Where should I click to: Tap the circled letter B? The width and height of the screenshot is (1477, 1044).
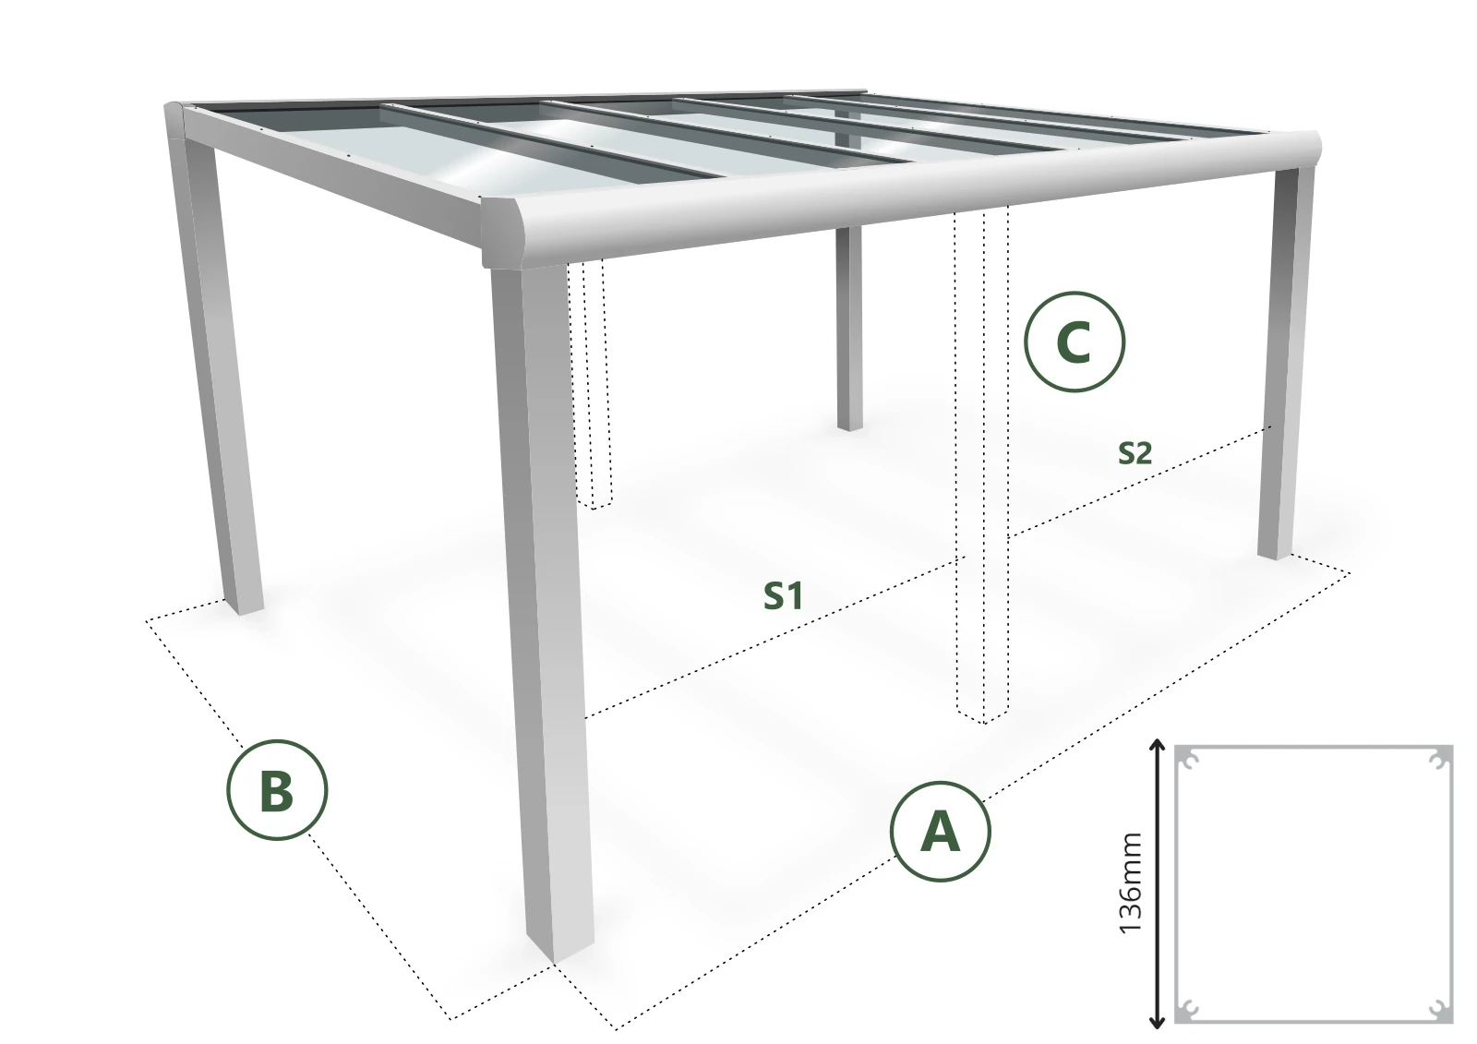tap(277, 789)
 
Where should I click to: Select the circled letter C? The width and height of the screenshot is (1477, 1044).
tap(1075, 342)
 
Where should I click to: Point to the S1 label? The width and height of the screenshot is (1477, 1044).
tap(783, 596)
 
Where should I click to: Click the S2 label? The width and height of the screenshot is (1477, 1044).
tap(1135, 453)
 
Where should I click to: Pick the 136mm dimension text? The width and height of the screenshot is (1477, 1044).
tap(1131, 883)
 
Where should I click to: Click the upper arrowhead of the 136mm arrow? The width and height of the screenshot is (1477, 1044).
tap(1158, 745)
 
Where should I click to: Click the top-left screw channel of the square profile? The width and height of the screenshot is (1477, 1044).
tap(1190, 760)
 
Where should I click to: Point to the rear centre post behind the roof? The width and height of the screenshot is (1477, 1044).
tap(849, 329)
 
